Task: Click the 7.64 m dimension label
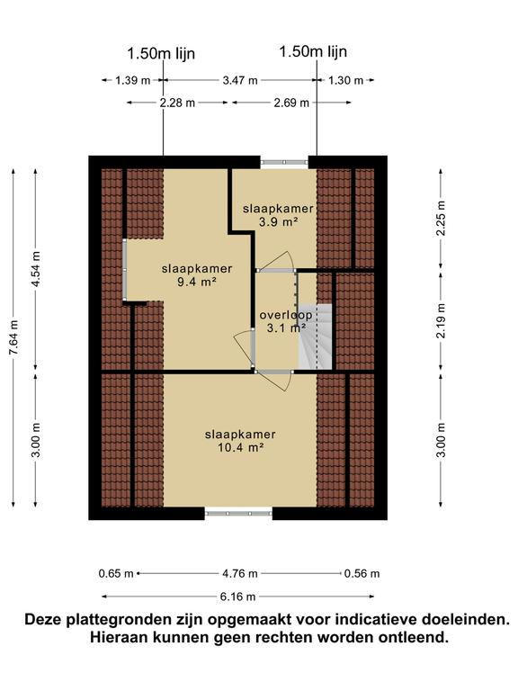pyautogui.click(x=13, y=339)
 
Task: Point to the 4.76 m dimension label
pyautogui.click(x=239, y=573)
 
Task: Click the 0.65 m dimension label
pyautogui.click(x=116, y=573)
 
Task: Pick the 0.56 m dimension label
pyautogui.click(x=362, y=573)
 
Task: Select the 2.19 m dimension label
pyautogui.click(x=441, y=320)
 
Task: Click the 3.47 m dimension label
pyautogui.click(x=239, y=80)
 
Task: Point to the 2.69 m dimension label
pyautogui.click(x=291, y=103)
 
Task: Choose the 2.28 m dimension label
pyautogui.click(x=177, y=103)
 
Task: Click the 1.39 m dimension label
pyautogui.click(x=133, y=80)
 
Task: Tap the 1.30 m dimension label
pyautogui.click(x=345, y=80)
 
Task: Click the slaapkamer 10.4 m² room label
pyautogui.click(x=239, y=440)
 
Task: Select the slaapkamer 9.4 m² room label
pyautogui.click(x=197, y=274)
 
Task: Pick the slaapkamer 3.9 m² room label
pyautogui.click(x=278, y=214)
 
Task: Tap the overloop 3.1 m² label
pyautogui.click(x=285, y=321)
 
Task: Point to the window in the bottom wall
pyautogui.click(x=238, y=514)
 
